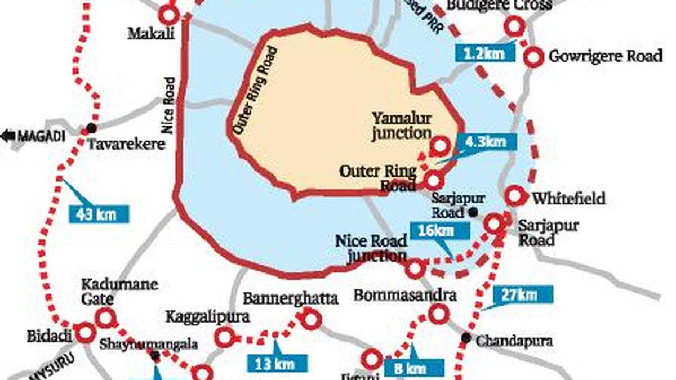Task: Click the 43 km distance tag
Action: [99, 214]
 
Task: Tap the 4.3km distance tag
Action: [486, 141]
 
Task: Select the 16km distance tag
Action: [439, 231]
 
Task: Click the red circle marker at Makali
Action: [168, 14]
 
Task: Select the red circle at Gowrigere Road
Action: [533, 57]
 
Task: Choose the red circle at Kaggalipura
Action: [224, 337]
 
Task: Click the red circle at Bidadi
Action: [86, 333]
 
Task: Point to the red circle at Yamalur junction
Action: [439, 147]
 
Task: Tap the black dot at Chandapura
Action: [466, 338]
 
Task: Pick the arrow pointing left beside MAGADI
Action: [8, 136]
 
